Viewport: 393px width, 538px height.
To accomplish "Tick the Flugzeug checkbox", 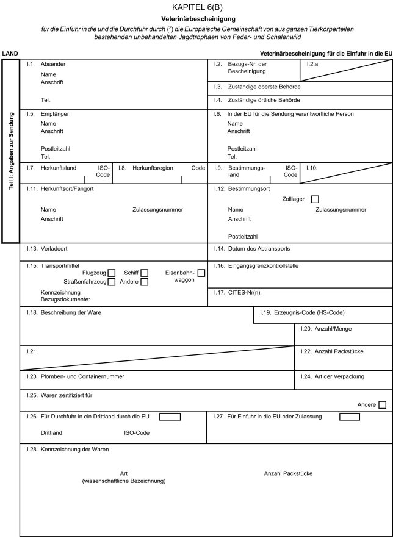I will (112, 272).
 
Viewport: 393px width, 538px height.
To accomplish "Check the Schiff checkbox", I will (144, 272).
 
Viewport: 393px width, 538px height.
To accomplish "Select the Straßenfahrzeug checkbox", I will (112, 282).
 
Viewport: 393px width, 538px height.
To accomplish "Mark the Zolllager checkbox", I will (315, 199).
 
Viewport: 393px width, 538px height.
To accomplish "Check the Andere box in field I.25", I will (383, 404).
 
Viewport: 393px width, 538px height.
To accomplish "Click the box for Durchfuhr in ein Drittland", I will (170, 417).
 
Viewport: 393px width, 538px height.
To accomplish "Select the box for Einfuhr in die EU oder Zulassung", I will (350, 417).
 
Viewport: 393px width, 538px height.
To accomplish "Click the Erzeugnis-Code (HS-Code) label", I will (311, 313).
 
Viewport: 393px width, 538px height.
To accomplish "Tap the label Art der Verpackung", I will (339, 376).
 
